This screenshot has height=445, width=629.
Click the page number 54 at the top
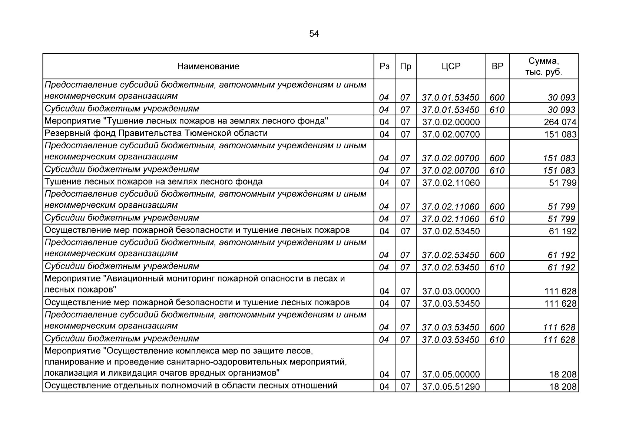point(314,34)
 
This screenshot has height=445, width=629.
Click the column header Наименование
point(208,66)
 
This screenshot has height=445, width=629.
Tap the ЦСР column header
point(451,66)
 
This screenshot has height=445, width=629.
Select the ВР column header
point(497,66)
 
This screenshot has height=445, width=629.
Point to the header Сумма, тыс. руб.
point(543,66)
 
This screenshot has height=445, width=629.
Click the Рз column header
point(384,66)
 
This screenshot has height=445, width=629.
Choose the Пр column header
point(405,66)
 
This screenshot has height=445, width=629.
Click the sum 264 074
point(560,122)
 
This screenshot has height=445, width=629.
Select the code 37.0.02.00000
point(451,122)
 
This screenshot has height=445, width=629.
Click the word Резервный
point(63,133)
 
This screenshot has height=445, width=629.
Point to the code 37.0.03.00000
point(451,291)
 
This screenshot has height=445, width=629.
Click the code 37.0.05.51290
point(451,387)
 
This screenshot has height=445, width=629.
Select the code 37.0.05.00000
point(451,375)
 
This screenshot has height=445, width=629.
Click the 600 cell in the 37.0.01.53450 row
point(497,98)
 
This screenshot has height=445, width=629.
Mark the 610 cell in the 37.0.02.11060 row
point(497,219)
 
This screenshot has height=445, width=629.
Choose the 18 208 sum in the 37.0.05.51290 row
point(563,387)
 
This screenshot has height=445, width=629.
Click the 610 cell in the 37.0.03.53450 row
point(497,340)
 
